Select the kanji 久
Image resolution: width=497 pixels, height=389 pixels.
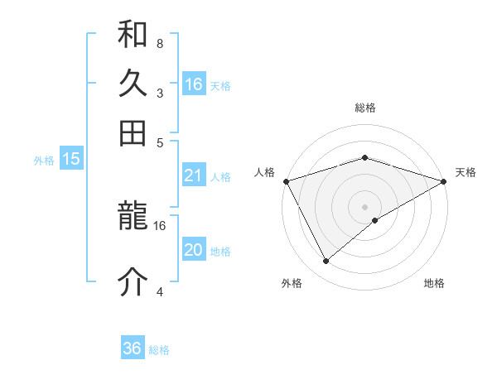(x=133, y=84)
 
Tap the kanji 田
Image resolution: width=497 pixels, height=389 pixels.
(x=133, y=132)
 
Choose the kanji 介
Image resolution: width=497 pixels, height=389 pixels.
(x=133, y=281)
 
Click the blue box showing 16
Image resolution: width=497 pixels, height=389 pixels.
(x=194, y=84)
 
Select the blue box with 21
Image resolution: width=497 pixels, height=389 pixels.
(x=194, y=175)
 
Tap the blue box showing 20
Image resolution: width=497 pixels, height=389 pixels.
(x=194, y=250)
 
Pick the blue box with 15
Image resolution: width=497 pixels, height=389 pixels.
(x=71, y=160)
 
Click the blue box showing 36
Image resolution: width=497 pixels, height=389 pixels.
(x=133, y=348)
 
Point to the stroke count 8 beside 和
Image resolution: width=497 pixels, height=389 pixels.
(x=159, y=43)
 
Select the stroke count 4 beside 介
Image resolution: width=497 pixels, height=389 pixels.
(x=159, y=291)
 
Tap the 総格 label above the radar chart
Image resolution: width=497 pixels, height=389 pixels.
(x=364, y=108)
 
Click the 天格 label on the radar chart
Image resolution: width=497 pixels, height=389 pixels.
(x=466, y=172)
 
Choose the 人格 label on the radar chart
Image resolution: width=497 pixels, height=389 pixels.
(x=264, y=172)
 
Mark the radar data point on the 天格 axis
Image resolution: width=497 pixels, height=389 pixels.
(x=444, y=181)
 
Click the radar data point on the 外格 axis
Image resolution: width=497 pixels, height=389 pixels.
(x=326, y=262)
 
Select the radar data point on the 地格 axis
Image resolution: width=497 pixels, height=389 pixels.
(x=375, y=220)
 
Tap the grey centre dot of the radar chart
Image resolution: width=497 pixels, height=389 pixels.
(x=364, y=206)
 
